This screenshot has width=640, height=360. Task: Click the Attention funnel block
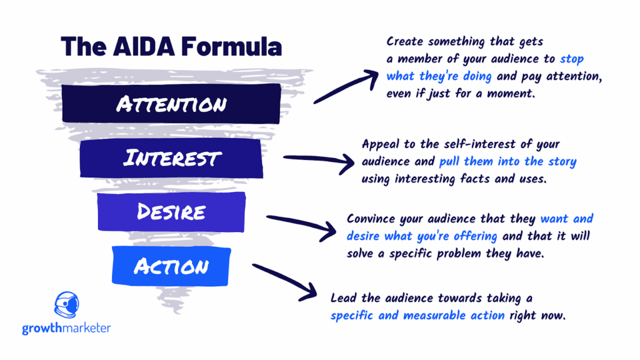[x=171, y=104]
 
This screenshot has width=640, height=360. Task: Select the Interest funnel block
[x=171, y=158]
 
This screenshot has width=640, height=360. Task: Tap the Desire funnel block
[x=171, y=212]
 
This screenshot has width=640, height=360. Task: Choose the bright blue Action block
[x=171, y=266]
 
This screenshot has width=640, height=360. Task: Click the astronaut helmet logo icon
[x=66, y=305]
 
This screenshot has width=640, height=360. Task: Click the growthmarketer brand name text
[x=66, y=328]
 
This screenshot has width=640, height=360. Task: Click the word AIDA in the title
[x=144, y=46]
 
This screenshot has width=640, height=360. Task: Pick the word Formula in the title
[x=231, y=46]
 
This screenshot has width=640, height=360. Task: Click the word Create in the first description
[x=404, y=42]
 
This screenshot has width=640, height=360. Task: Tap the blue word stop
[x=572, y=59]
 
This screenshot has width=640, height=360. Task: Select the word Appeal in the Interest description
[x=381, y=145]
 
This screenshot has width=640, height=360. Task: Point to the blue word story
[x=562, y=162]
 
